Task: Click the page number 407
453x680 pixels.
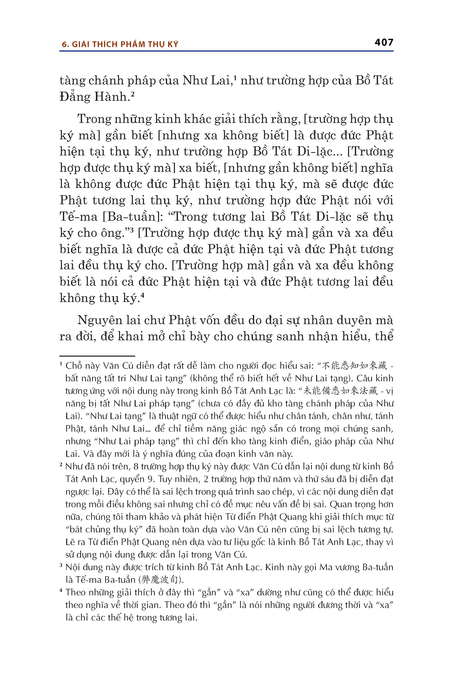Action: [x=384, y=43]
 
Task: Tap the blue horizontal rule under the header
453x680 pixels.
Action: [x=226, y=51]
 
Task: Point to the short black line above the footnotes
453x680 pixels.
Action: [x=97, y=356]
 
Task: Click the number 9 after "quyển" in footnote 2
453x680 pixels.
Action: [x=150, y=479]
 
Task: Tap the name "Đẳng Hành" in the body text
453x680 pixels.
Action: [x=93, y=97]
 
